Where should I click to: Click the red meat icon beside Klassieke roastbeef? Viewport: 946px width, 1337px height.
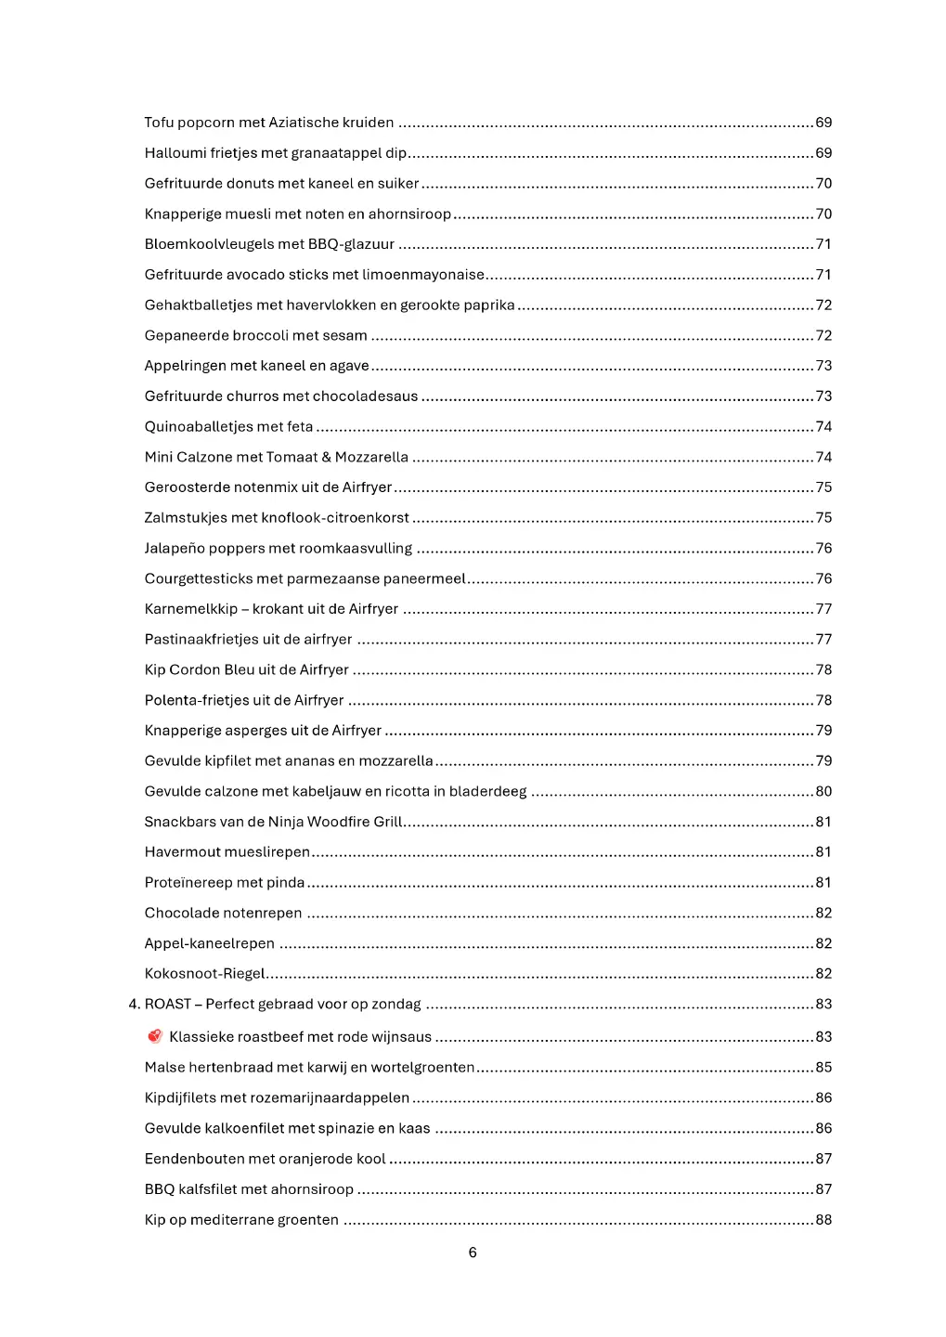(155, 1036)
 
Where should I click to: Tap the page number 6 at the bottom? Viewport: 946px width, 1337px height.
(473, 1253)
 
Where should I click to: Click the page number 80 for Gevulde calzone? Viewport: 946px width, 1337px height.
(823, 792)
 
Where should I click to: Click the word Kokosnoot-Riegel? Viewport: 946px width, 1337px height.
(204, 974)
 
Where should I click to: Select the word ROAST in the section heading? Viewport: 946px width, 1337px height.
(167, 1005)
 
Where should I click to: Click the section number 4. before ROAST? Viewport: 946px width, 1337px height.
(134, 1005)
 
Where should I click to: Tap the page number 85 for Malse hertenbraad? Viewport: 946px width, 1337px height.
(823, 1068)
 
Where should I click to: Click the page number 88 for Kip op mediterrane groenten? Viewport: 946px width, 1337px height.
(823, 1220)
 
